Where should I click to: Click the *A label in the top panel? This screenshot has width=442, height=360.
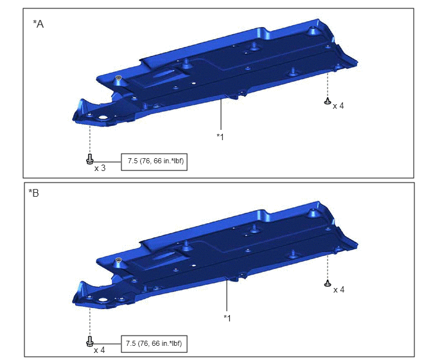(x=39, y=24)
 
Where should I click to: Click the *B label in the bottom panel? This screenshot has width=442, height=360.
(x=33, y=194)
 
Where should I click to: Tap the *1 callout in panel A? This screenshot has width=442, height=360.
(x=220, y=137)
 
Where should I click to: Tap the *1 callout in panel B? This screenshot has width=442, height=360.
(x=227, y=318)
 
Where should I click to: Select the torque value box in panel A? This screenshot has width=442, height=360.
(x=154, y=162)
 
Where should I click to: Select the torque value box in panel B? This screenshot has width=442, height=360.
(x=154, y=344)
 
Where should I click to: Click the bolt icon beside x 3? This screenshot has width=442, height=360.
(x=90, y=159)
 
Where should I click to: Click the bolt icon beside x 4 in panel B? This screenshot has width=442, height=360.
(x=90, y=341)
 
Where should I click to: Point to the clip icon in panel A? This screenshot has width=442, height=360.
(x=328, y=101)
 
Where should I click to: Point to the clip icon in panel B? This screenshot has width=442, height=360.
(x=328, y=283)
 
